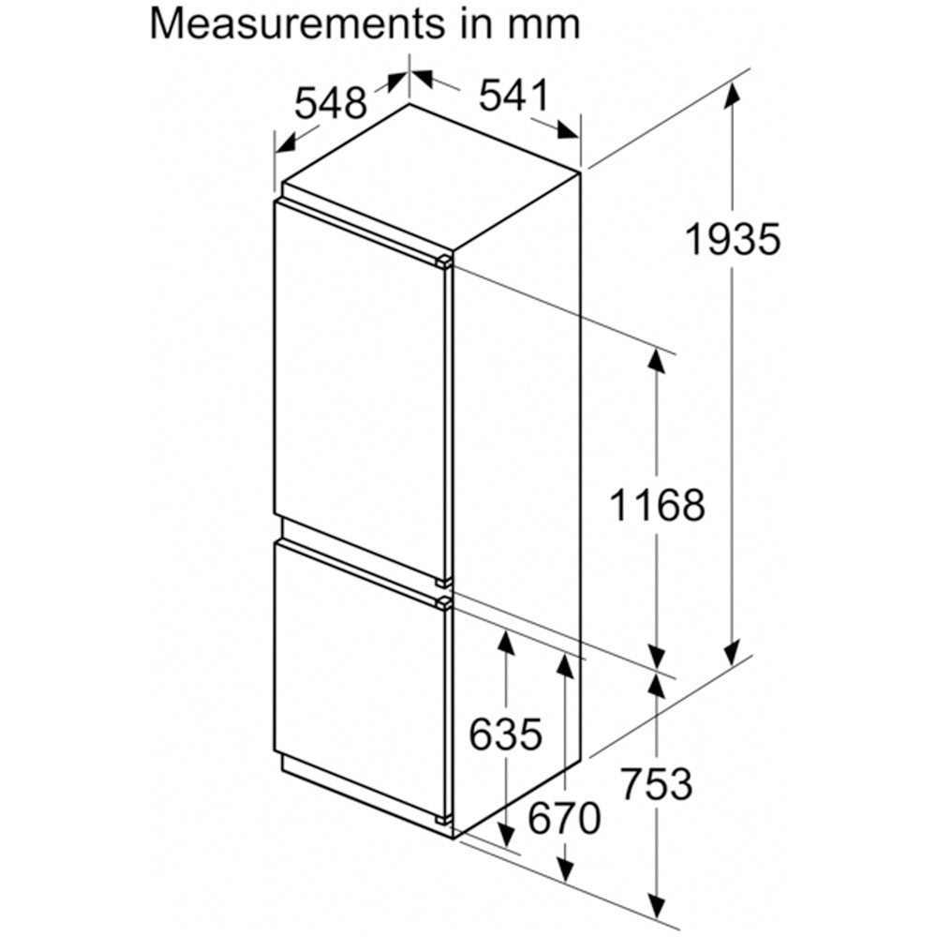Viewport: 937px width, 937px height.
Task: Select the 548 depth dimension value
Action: tap(331, 103)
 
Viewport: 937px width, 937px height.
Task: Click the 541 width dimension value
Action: tap(513, 96)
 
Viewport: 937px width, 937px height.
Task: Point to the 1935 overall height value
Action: tap(733, 239)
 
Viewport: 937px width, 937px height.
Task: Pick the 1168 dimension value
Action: tap(657, 504)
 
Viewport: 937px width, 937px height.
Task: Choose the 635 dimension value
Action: tap(506, 734)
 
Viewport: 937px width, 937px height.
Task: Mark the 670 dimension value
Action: tap(564, 818)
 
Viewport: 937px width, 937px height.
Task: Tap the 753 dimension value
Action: tap(657, 783)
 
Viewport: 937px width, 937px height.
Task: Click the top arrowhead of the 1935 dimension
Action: tap(732, 95)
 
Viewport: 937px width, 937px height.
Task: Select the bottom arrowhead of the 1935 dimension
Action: tap(732, 651)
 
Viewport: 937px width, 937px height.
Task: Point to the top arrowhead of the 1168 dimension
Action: tap(657, 360)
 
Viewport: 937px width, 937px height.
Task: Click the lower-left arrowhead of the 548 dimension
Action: tap(289, 142)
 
